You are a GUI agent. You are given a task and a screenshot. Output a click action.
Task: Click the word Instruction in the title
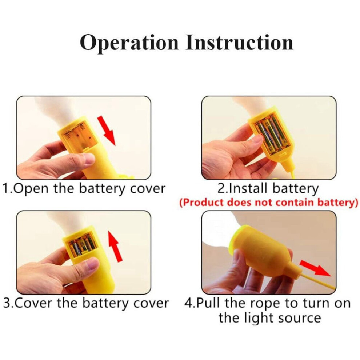239,43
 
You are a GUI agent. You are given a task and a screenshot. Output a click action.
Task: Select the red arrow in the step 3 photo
115,246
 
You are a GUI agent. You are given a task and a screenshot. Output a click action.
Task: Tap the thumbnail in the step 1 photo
89,158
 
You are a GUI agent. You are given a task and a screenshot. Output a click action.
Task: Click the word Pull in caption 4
209,303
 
